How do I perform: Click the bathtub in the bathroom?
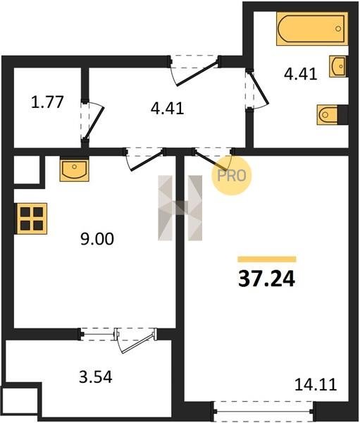(x=311, y=28)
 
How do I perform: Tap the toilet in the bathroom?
(x=328, y=115)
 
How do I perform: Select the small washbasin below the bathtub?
(x=337, y=66)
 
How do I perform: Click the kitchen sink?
(x=74, y=170)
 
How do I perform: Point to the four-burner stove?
(x=32, y=219)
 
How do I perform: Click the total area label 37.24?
(x=266, y=279)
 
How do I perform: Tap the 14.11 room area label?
(x=316, y=384)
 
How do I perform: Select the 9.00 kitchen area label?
(x=97, y=239)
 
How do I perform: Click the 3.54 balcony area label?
(x=96, y=377)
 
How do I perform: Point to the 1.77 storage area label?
(x=47, y=102)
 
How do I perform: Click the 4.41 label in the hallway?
(x=168, y=109)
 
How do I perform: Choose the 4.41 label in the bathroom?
(x=300, y=74)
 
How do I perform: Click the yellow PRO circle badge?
(x=231, y=176)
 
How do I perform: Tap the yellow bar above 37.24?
(x=267, y=259)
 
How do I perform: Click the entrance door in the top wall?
(x=197, y=74)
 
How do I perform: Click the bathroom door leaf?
(x=259, y=89)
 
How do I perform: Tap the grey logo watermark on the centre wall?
(x=180, y=208)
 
